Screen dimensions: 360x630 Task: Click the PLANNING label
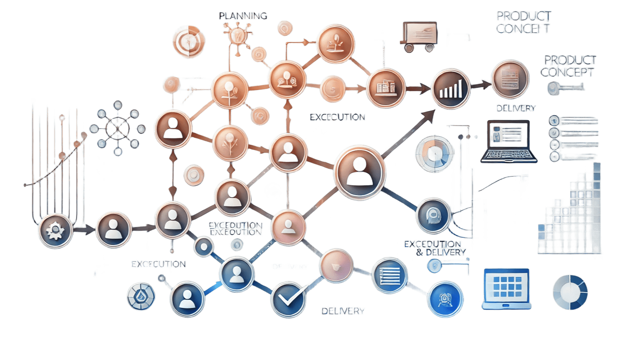[243, 16]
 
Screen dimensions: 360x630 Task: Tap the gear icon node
[55, 231]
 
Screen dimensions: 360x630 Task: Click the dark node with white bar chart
[451, 89]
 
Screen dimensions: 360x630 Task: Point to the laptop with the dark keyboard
[509, 142]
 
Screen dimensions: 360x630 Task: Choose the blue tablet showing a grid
[507, 289]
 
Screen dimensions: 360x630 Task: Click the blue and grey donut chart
[570, 292]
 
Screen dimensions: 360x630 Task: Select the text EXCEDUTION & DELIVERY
[435, 248]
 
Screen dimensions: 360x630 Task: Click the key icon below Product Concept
[565, 87]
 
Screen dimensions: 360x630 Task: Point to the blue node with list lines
[390, 275]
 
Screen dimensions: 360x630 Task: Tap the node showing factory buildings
[385, 88]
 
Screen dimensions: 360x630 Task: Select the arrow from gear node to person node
[84, 231]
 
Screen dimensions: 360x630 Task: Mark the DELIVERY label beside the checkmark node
[343, 311]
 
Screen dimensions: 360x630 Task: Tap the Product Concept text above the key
[568, 66]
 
